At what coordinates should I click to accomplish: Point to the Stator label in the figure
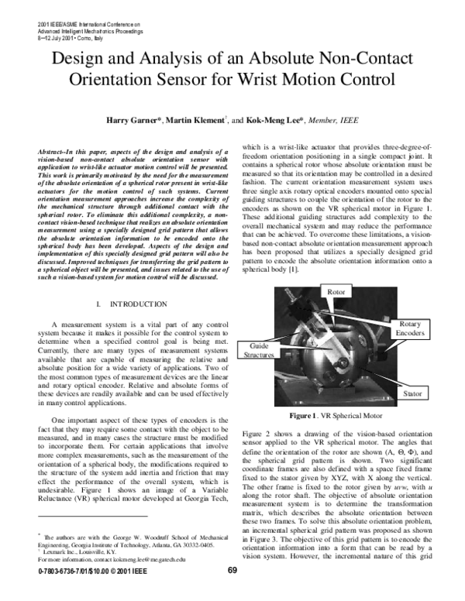tap(412, 394)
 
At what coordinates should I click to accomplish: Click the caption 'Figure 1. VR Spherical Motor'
tap(337, 415)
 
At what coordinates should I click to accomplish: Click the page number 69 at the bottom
tap(232, 592)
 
